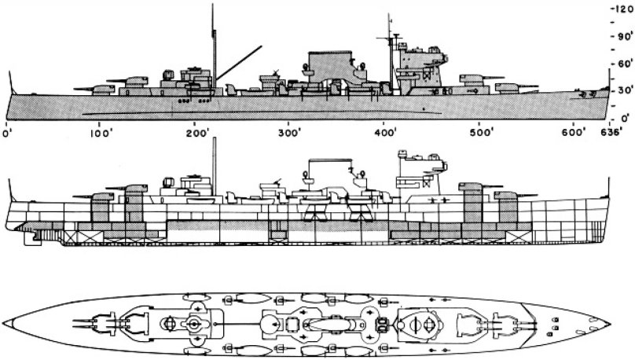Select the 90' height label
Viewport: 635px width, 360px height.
(622, 35)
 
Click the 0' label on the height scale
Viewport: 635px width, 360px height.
(622, 116)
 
